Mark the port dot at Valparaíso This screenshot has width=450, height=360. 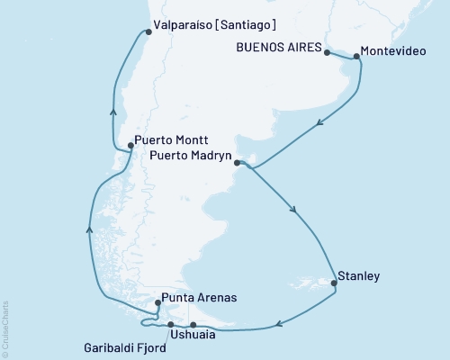click(148, 33)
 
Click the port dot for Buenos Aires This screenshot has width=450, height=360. click(326, 52)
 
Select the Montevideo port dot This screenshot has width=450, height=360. click(357, 58)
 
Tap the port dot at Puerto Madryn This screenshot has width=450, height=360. click(236, 163)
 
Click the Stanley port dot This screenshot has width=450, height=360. click(334, 283)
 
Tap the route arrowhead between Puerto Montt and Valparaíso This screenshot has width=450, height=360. click(112, 112)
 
